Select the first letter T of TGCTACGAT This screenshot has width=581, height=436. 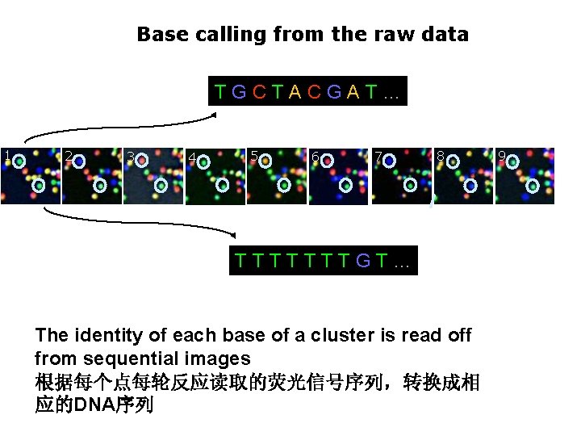220,91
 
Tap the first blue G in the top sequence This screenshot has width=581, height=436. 239,91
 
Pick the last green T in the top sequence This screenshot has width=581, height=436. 370,91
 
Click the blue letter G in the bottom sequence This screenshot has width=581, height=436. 362,261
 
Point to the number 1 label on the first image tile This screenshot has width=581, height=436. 6,155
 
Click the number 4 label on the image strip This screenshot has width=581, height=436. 191,157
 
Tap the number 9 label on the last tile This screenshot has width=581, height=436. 502,155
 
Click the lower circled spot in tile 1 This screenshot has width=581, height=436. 38,186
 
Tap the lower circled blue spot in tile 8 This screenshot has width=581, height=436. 471,186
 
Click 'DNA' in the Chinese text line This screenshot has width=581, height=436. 91,405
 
